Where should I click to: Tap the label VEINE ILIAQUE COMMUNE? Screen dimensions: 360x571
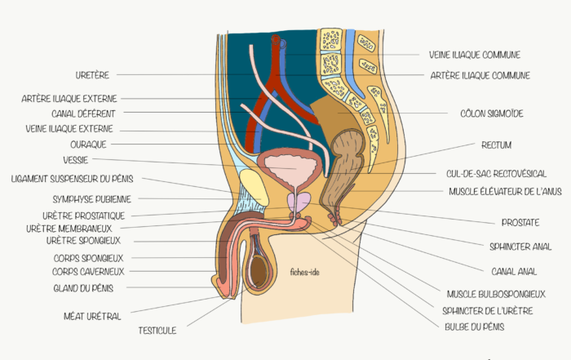(x=474, y=56)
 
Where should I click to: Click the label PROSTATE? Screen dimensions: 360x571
(x=520, y=222)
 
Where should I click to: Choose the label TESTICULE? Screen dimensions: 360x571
(x=157, y=331)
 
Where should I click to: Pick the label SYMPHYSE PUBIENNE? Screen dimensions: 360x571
(x=91, y=198)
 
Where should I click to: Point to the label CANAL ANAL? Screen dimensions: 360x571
(x=514, y=270)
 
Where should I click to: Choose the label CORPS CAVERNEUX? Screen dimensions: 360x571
(x=88, y=271)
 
